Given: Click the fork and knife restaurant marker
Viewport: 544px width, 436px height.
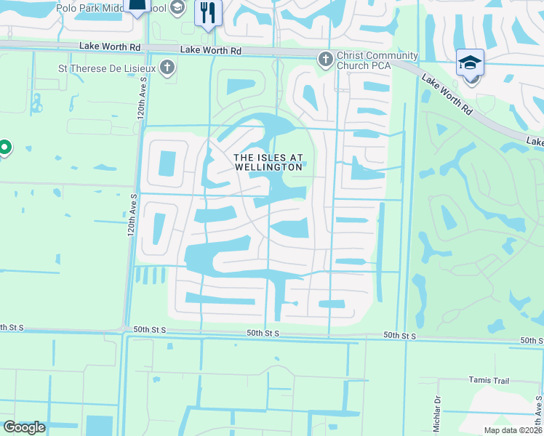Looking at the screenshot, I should [x=208, y=12].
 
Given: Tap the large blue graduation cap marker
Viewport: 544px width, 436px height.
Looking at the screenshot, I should [x=470, y=63].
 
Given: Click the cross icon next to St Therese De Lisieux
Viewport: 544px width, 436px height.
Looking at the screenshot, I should [x=167, y=70].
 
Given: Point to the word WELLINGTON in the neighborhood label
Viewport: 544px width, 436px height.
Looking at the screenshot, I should [x=268, y=167].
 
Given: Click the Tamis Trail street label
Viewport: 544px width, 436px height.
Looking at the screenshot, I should [x=489, y=381].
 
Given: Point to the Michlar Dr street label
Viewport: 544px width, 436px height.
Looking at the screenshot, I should [x=438, y=413].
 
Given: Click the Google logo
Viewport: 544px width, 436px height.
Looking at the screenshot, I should [x=24, y=427].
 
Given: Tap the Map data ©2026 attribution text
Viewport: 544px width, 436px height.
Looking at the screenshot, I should [x=513, y=430].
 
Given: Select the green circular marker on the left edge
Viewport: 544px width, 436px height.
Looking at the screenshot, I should [x=4, y=148].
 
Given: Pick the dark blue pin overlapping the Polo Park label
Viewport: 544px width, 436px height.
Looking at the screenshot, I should [x=136, y=6].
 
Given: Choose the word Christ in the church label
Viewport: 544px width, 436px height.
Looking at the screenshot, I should [x=350, y=56].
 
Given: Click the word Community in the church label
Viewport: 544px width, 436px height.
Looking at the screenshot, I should [x=391, y=56].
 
